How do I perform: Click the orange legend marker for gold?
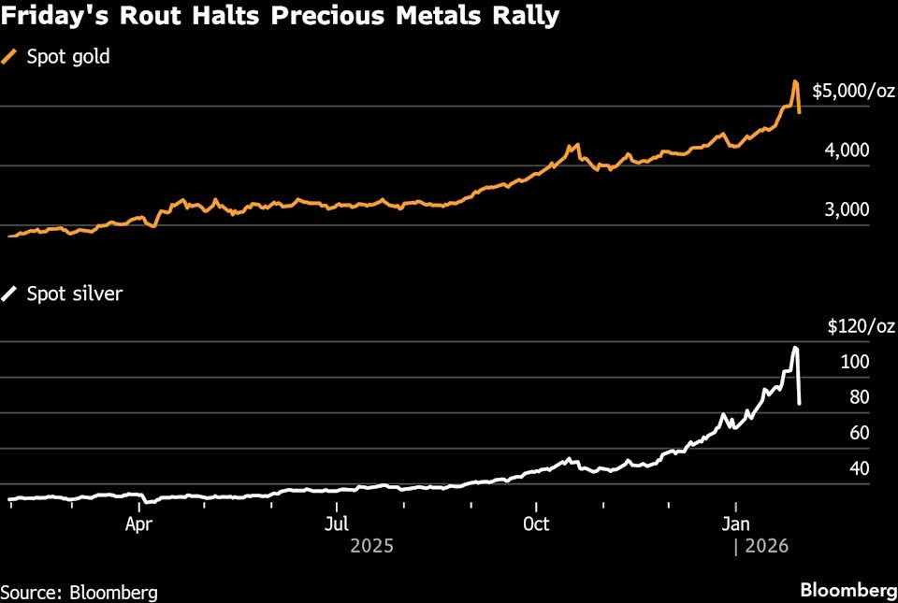point(10,56)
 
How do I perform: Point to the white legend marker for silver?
point(10,294)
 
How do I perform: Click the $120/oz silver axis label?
point(861,326)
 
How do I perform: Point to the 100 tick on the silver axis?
point(856,362)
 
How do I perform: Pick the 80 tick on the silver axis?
point(860,397)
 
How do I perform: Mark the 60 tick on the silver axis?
point(860,433)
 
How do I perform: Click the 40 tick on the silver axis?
point(860,468)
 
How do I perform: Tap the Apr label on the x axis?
point(138,524)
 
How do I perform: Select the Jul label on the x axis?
point(338,524)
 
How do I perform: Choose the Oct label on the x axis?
point(536,524)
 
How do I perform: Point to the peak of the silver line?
point(795,348)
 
